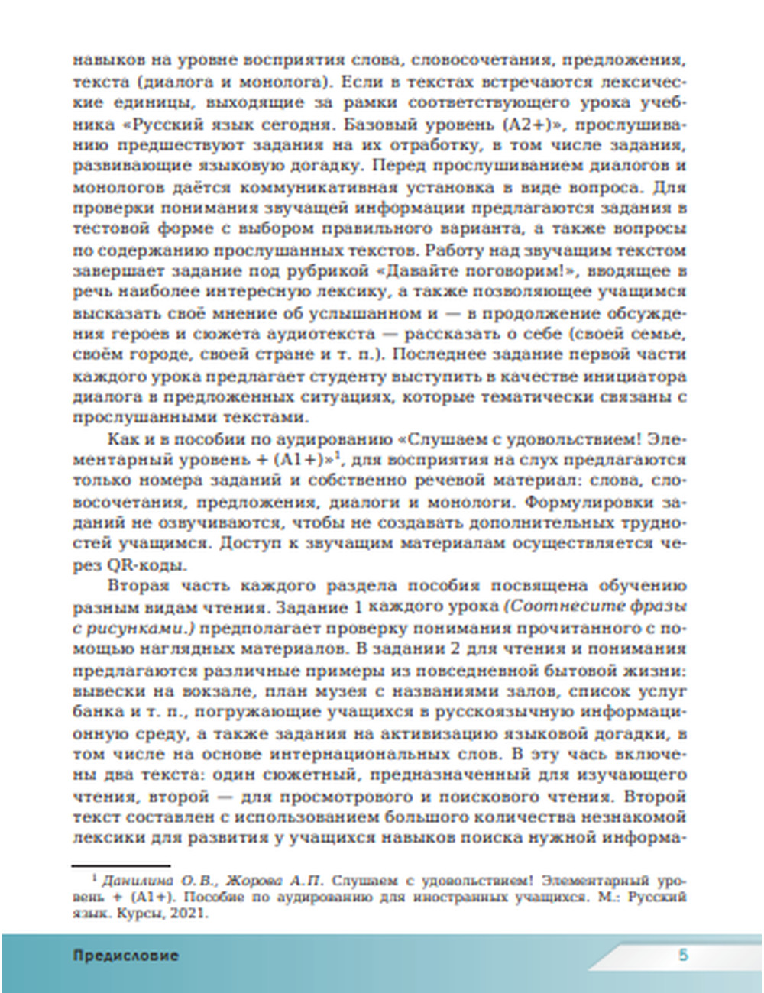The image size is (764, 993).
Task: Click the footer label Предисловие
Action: (126, 955)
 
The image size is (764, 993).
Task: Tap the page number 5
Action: (684, 955)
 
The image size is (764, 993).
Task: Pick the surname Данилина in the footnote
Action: (133, 878)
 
